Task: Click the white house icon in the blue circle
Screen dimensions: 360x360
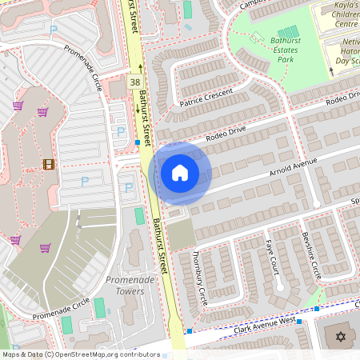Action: [180, 172]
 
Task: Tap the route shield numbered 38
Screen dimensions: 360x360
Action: [135, 81]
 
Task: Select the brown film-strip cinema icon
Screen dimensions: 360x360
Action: [50, 164]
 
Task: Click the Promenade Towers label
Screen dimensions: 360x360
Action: [125, 285]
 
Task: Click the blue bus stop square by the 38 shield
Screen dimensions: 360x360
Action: [138, 143]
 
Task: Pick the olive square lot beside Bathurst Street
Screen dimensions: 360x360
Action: [181, 234]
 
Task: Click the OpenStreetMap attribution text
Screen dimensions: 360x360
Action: [81, 354]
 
